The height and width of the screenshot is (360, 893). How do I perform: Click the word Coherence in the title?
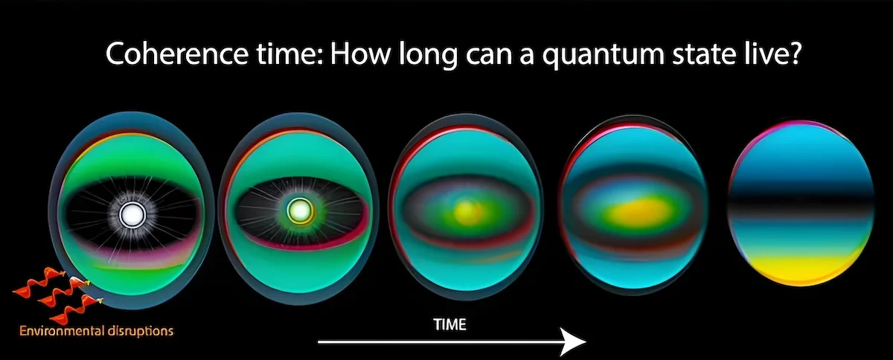[x=176, y=54]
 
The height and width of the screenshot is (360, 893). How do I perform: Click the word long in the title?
[x=427, y=56]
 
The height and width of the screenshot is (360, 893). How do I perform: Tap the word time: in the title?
[x=289, y=54]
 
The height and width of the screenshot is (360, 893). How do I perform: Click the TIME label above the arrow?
[x=450, y=324]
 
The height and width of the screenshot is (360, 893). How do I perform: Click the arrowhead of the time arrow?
[x=573, y=341]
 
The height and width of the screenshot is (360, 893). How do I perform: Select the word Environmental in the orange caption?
[x=62, y=331]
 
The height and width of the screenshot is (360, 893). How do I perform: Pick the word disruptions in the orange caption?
[x=141, y=331]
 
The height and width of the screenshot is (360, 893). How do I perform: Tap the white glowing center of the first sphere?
[x=132, y=215]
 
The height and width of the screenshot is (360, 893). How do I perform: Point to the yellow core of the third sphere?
[x=467, y=211]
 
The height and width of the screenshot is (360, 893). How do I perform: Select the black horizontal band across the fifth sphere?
[x=801, y=203]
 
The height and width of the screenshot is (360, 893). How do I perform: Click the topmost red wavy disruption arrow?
[x=40, y=280]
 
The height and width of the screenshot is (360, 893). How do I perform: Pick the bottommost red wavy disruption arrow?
[x=76, y=309]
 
